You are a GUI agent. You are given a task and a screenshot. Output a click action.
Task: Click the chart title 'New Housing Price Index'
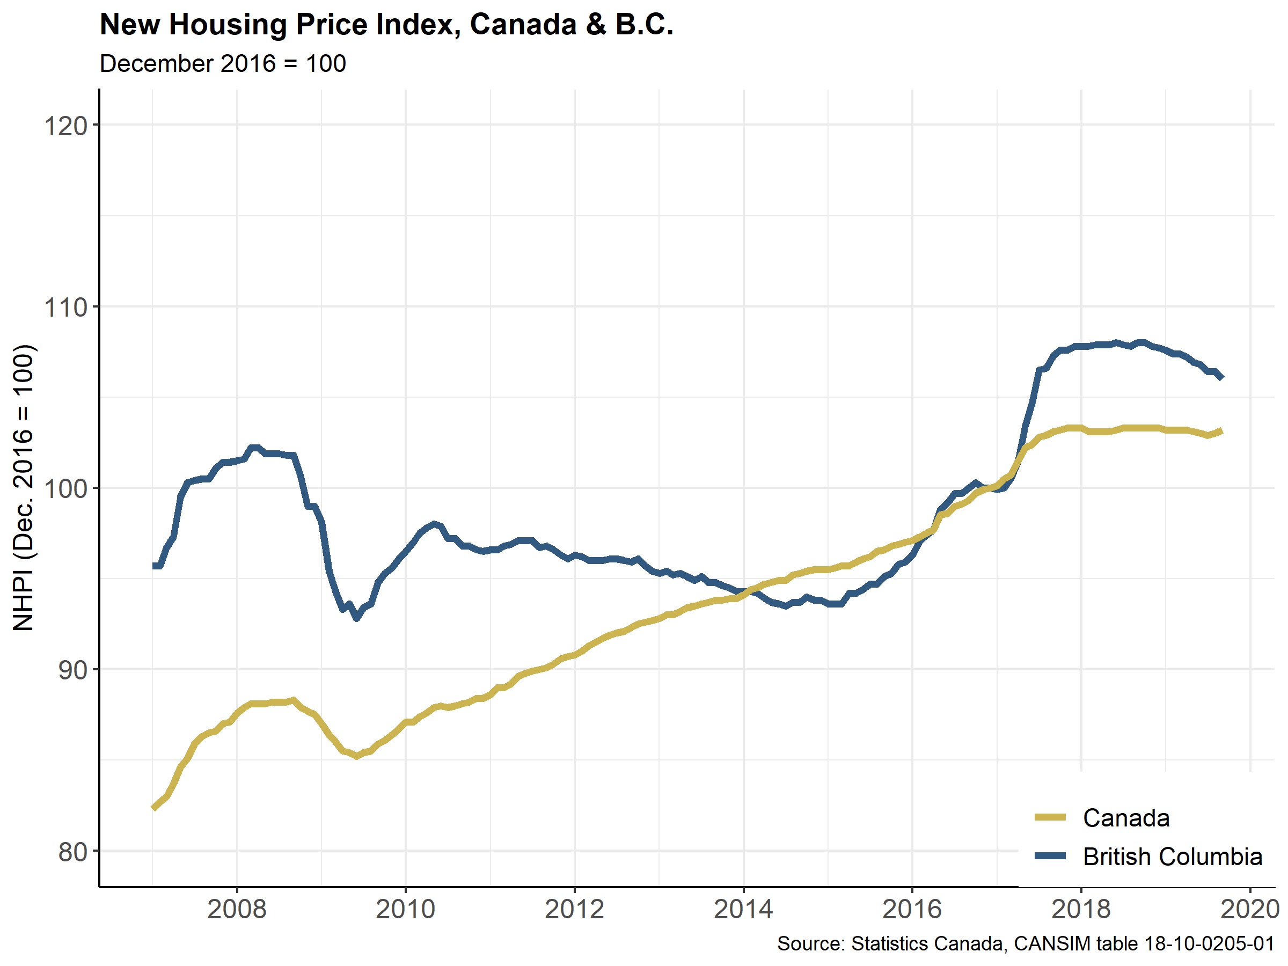coord(386,25)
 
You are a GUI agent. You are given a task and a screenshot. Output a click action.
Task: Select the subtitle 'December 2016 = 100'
coord(223,63)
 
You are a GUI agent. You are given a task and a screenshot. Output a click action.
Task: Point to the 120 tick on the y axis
coord(65,126)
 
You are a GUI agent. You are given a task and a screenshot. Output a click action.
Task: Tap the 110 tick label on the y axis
coord(65,308)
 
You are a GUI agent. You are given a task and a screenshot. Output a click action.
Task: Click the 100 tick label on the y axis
coord(65,489)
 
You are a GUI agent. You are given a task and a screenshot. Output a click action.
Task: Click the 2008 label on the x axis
coord(237,909)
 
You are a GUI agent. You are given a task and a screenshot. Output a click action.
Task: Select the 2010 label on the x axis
coord(405,909)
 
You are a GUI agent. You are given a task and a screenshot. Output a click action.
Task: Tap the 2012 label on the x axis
coord(574,909)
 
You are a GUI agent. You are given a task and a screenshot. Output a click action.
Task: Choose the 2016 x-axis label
coord(912,909)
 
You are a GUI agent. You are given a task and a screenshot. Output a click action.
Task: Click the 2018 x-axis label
coord(1081,909)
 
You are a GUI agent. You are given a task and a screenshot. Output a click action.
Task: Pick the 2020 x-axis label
coord(1249,909)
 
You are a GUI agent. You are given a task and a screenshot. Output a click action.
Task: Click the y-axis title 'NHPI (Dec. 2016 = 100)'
coord(24,488)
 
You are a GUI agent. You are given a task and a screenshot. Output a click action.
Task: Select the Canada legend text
coord(1126,818)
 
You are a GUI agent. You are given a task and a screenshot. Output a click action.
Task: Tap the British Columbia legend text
coord(1172,857)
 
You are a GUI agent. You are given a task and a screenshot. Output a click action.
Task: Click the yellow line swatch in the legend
coord(1050,817)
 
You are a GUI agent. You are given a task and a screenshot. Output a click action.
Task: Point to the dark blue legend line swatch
coord(1050,856)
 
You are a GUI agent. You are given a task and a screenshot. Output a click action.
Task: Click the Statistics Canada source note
coord(1026,943)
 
